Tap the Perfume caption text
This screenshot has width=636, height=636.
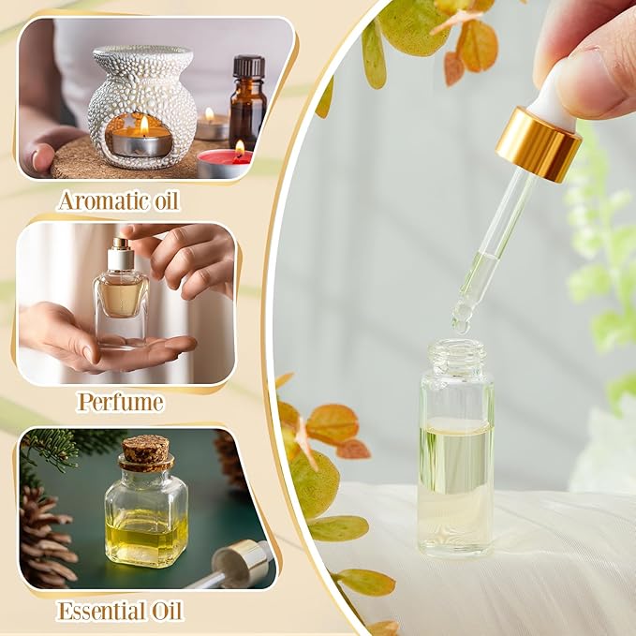[121, 403]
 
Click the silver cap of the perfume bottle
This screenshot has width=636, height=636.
[121, 255]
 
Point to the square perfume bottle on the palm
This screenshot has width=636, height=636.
[121, 300]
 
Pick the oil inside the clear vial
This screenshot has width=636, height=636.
[454, 468]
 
